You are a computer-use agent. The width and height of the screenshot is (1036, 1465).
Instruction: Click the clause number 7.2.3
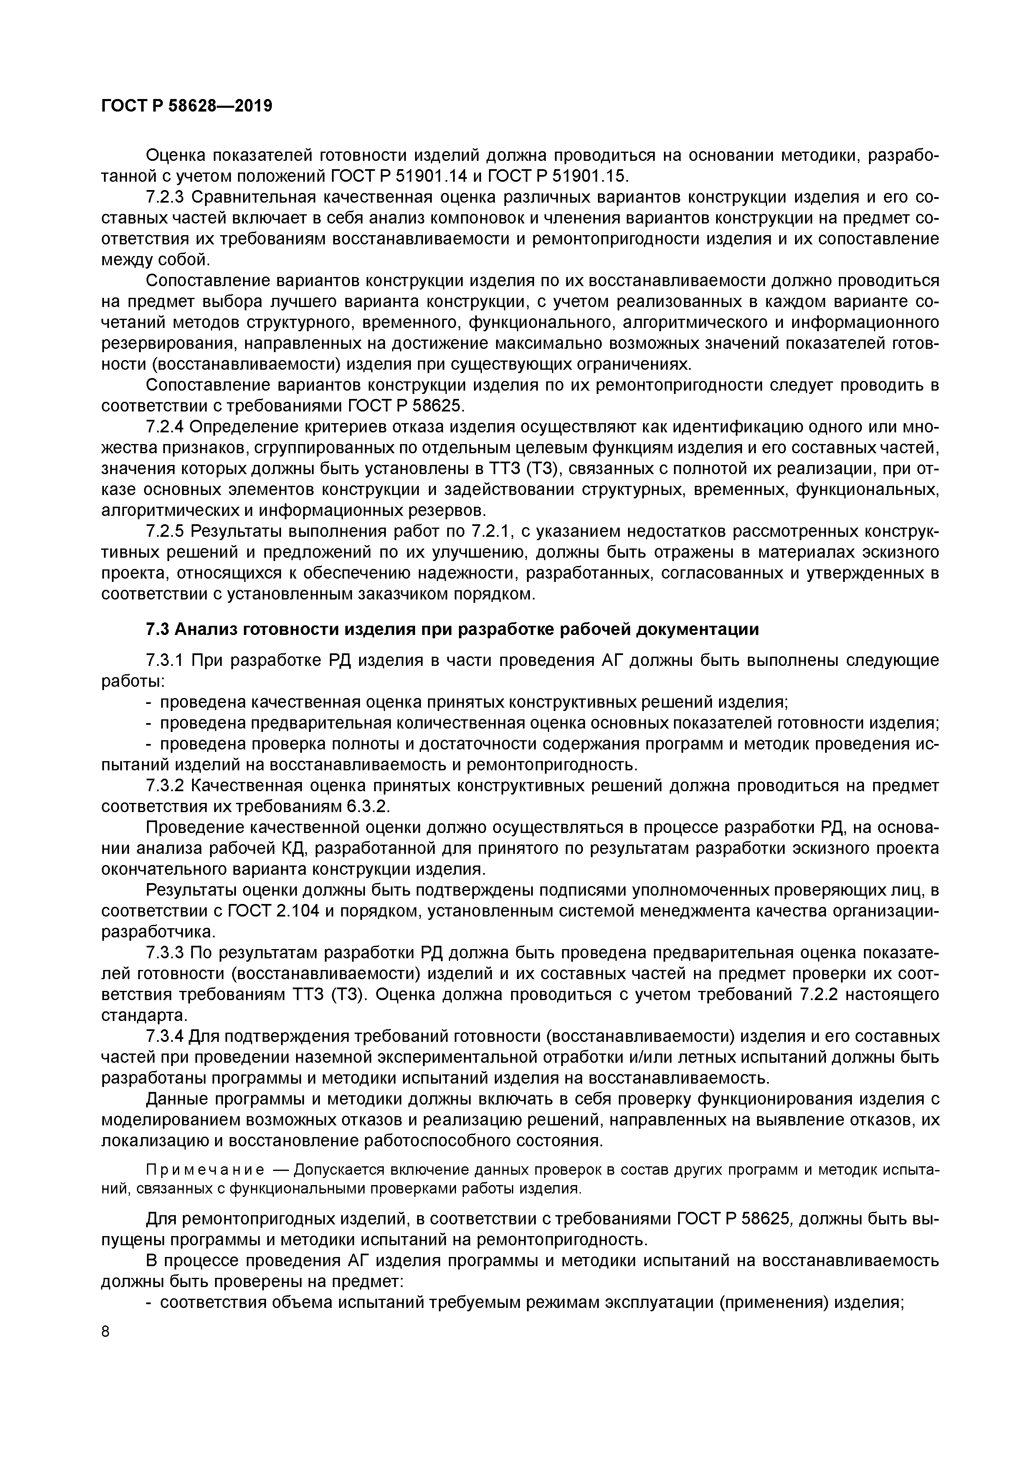point(165,197)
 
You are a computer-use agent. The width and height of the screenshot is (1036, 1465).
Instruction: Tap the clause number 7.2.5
point(165,531)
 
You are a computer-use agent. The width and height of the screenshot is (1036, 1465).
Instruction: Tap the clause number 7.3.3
point(165,953)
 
